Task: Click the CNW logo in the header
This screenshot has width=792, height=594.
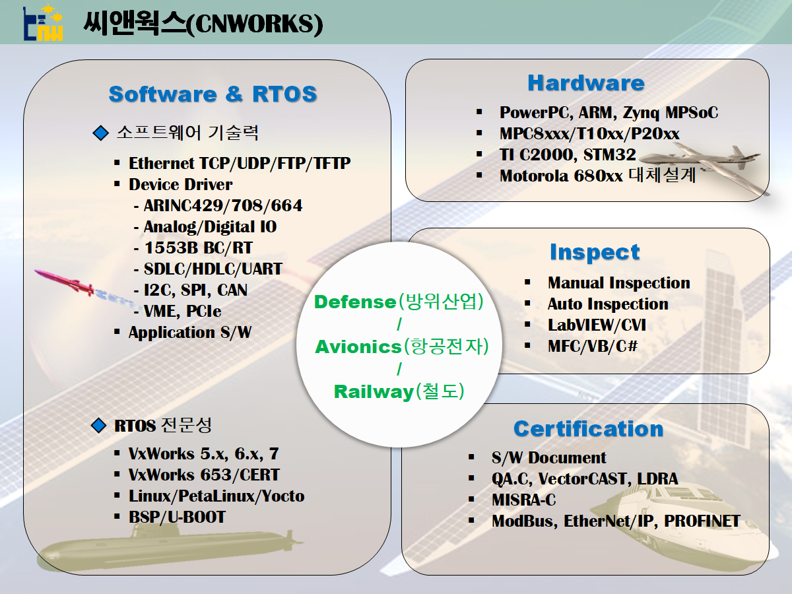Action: [x=43, y=24]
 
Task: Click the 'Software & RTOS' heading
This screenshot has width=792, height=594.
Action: [x=213, y=94]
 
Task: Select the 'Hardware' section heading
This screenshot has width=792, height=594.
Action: [x=585, y=82]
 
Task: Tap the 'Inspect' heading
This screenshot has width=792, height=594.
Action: [x=595, y=252]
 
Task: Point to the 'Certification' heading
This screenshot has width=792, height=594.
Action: [x=588, y=428]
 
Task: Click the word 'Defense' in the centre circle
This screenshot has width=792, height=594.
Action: [x=354, y=302]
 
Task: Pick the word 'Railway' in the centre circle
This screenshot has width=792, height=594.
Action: [x=373, y=391]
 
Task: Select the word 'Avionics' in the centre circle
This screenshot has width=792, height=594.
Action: [x=358, y=346]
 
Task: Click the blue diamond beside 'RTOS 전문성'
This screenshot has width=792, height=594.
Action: [x=99, y=426]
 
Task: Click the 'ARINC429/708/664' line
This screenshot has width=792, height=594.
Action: [x=222, y=206]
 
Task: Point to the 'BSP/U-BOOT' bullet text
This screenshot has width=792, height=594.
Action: [x=177, y=517]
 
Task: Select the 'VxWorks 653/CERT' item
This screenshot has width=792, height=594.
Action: [x=204, y=475]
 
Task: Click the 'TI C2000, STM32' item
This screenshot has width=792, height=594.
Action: [x=568, y=155]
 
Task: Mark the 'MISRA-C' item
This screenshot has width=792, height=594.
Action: [x=524, y=500]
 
